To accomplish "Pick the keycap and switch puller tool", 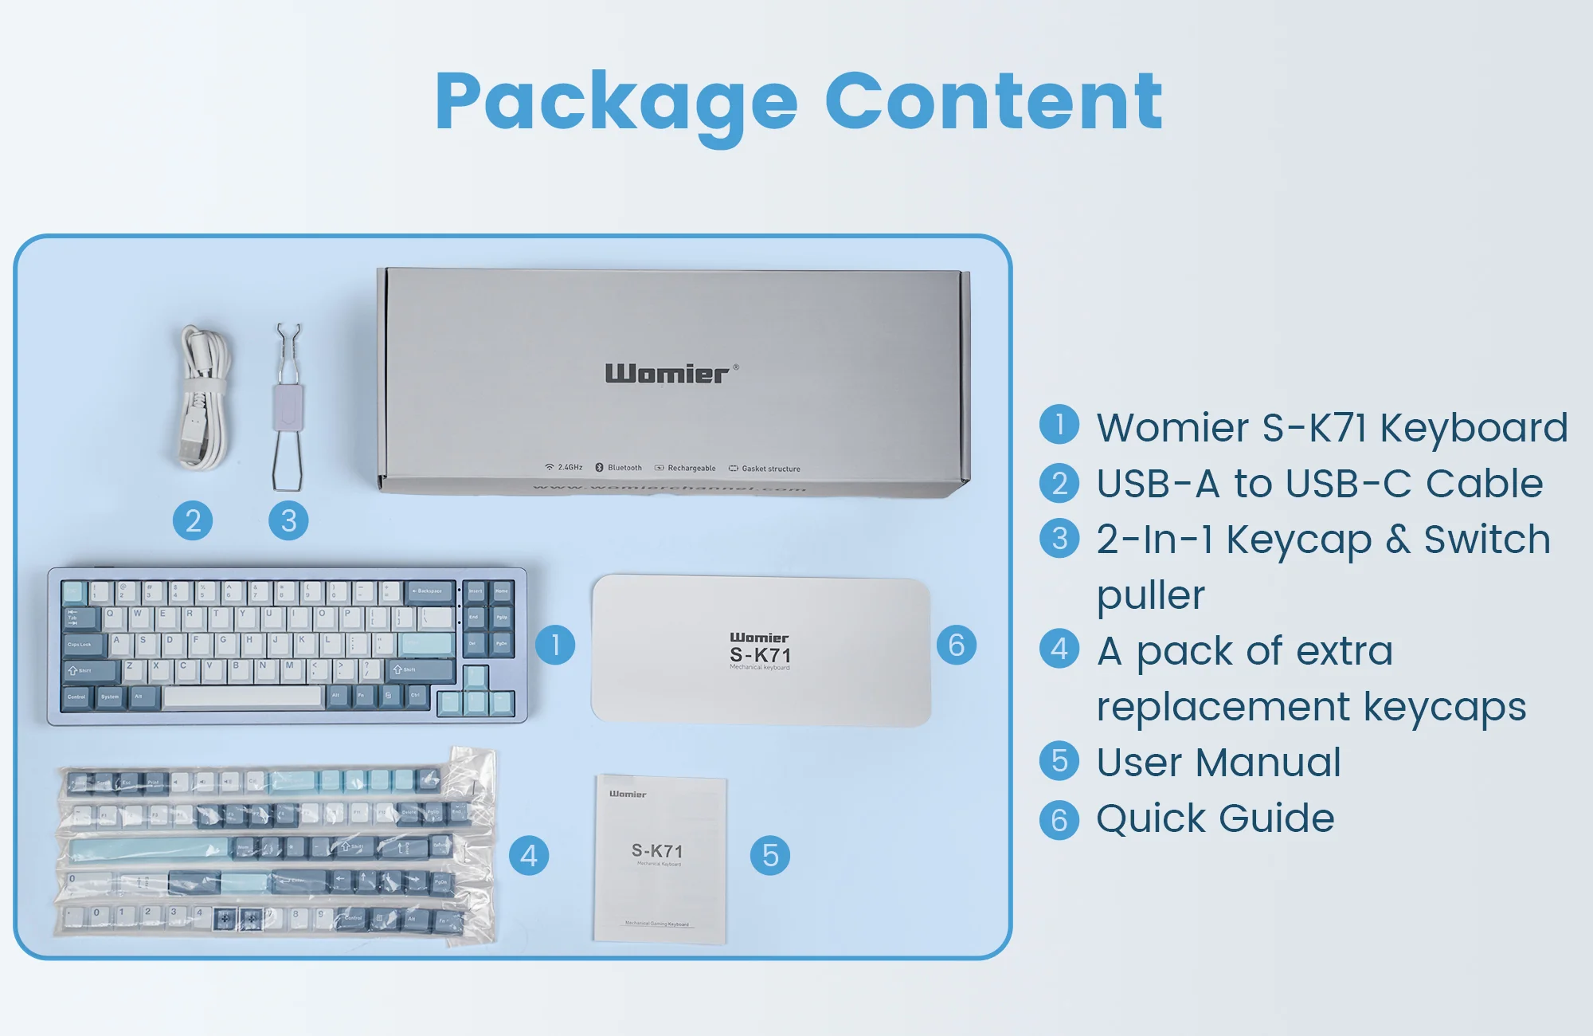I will point(288,406).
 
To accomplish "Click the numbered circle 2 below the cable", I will point(193,521).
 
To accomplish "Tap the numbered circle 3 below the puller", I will point(288,521).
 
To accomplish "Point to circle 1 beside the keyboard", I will point(555,645).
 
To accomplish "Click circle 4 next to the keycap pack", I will point(529,856).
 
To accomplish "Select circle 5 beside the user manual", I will point(770,856).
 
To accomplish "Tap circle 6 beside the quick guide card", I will point(957,645).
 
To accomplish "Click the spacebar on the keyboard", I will point(243,697).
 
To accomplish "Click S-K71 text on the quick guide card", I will point(760,655).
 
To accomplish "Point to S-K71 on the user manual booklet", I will point(657,851).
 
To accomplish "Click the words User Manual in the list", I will point(1219,763).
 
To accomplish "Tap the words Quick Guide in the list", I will point(1215,818).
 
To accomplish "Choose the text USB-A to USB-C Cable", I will point(1320,484).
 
